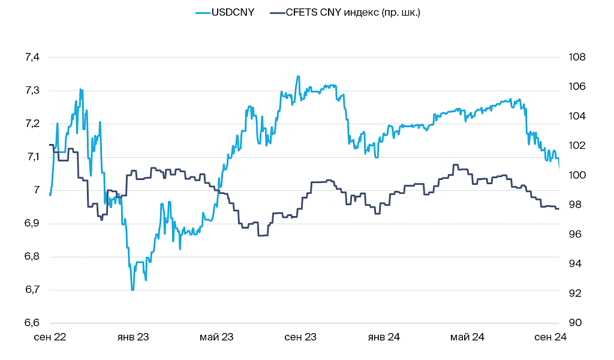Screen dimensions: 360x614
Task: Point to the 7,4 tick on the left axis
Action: [x=32, y=58]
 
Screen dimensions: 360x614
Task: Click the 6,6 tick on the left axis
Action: [x=32, y=323]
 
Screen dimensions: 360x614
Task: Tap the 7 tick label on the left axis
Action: [x=37, y=190]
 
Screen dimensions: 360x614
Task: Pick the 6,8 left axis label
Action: [x=32, y=257]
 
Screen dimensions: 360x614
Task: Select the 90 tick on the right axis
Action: [x=574, y=323]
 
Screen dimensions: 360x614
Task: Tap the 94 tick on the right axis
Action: [x=574, y=264]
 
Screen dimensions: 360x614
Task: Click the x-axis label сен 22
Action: [x=50, y=337]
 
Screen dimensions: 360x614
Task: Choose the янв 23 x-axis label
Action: [x=133, y=337]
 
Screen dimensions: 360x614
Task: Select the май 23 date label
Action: [x=216, y=337]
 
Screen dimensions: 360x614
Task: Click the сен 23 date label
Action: [x=300, y=337]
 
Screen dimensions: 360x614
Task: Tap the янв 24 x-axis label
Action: [x=384, y=337]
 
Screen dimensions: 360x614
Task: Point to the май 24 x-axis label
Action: [x=467, y=337]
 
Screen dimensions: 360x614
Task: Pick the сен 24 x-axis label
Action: [x=550, y=337]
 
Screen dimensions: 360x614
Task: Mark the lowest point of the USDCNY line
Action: [x=133, y=290]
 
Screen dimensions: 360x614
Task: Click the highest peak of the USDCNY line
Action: [x=298, y=76]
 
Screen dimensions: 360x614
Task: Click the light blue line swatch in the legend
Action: [x=203, y=13]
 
